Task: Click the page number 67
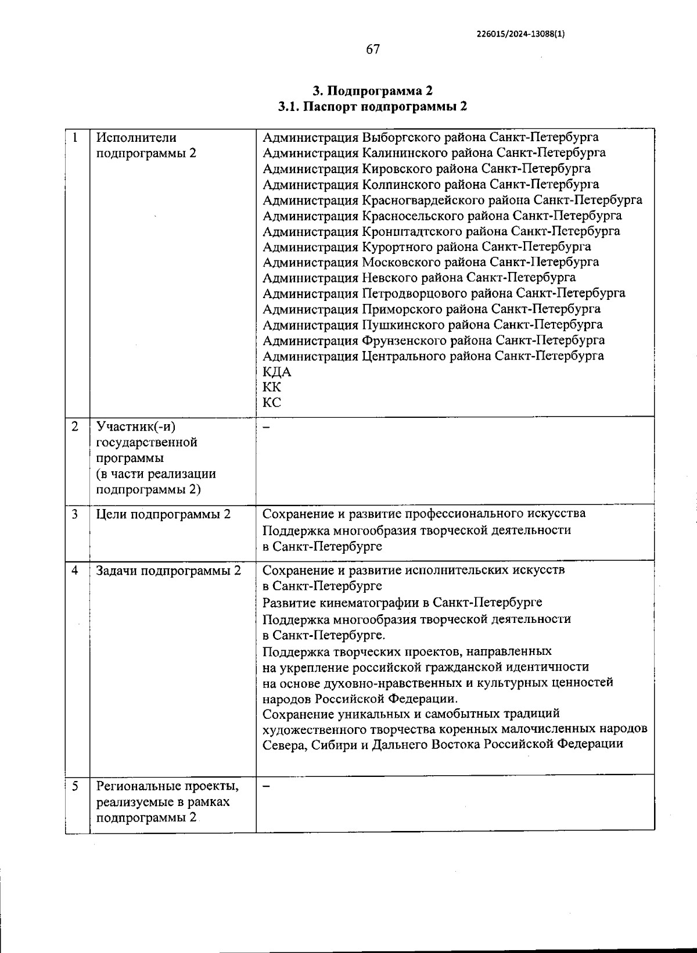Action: (x=373, y=49)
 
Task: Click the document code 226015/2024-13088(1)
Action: (x=520, y=34)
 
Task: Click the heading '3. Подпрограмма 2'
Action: (x=372, y=91)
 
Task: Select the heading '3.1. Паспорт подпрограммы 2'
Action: (x=372, y=107)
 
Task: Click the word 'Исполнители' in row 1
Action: (x=136, y=138)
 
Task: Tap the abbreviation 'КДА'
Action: (x=277, y=372)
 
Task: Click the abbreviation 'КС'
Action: (x=272, y=403)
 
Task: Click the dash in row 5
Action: (x=267, y=786)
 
